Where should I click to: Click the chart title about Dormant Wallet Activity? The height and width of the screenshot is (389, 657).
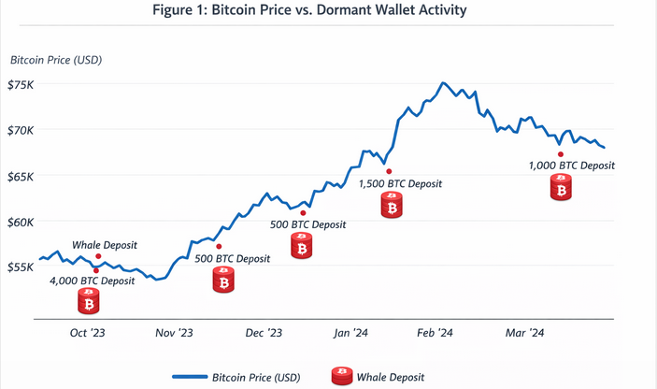[328, 10]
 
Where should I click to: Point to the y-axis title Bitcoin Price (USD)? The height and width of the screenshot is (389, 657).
[56, 61]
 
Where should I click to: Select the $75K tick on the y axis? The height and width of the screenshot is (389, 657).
[21, 85]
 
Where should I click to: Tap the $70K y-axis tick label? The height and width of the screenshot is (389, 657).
[21, 130]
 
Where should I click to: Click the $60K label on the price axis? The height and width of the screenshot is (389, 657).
[21, 222]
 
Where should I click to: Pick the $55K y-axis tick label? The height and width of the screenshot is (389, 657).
[21, 267]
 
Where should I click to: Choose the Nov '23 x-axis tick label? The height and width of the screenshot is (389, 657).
[174, 333]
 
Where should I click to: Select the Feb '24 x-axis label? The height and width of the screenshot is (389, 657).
[435, 333]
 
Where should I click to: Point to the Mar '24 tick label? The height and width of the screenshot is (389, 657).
[524, 333]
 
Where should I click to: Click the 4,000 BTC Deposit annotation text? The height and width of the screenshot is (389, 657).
[92, 281]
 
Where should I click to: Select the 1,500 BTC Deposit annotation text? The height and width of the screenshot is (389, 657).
[401, 184]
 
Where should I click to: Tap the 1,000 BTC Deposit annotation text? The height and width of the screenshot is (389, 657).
[571, 166]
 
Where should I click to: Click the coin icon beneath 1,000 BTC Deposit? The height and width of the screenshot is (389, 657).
[561, 190]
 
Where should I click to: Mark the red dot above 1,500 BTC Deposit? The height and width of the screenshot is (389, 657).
[389, 171]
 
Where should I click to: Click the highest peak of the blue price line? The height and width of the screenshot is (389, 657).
[443, 83]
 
